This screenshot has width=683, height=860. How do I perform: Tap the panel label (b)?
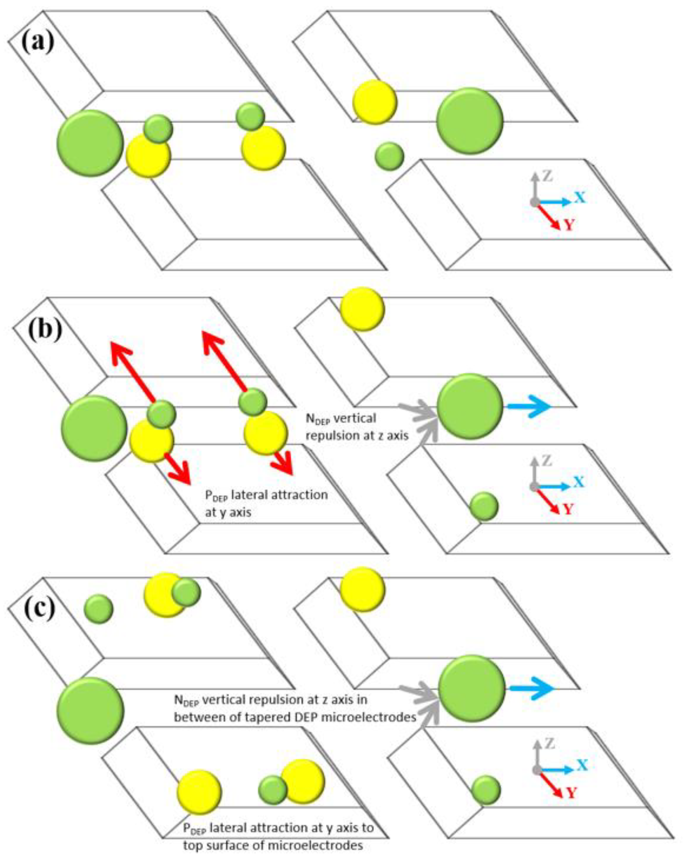click(45, 328)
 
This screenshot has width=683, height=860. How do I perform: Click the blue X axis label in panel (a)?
click(580, 197)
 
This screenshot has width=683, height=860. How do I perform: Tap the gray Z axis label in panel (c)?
click(550, 743)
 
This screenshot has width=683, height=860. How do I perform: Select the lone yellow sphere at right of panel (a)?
click(375, 102)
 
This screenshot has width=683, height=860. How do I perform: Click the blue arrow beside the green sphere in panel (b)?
click(529, 407)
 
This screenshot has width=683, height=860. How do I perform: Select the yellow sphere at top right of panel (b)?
click(362, 309)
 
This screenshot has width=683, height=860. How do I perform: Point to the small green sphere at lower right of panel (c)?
click(486, 790)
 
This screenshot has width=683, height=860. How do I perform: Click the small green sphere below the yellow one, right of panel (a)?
click(389, 156)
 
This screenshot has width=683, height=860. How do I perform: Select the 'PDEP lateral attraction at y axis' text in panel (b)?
click(266, 503)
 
